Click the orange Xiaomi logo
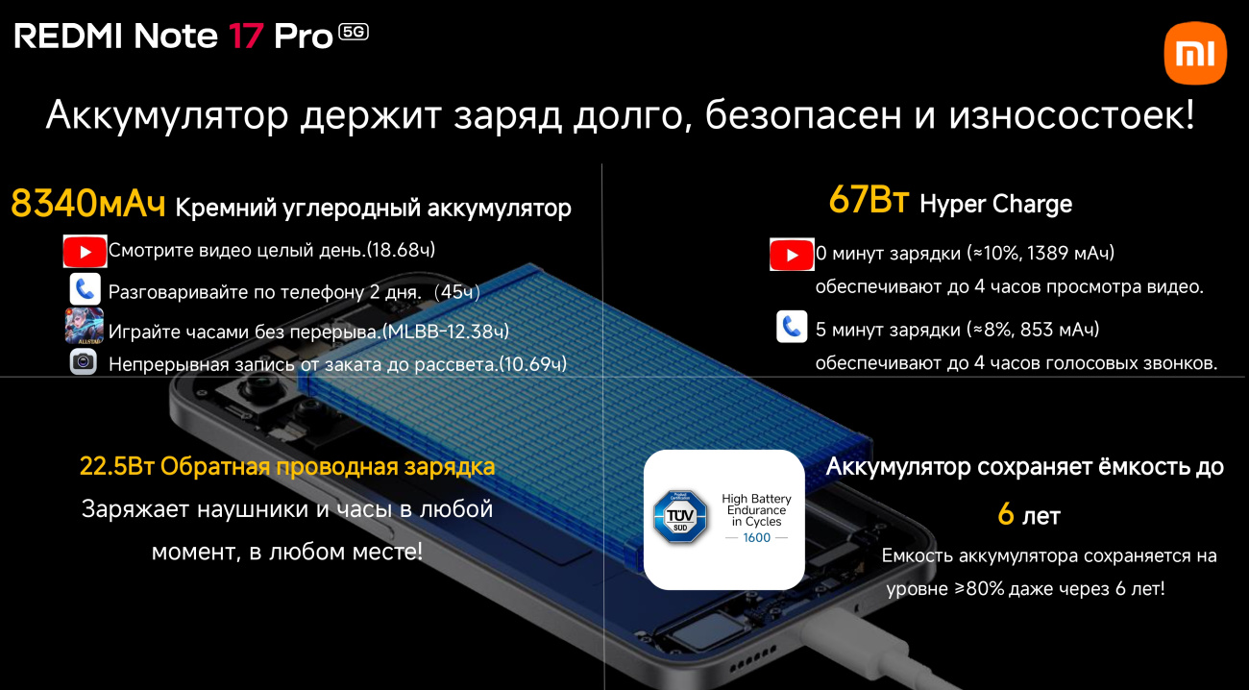pyautogui.click(x=1195, y=53)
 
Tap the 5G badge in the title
pyautogui.click(x=354, y=33)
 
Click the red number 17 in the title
pyautogui.click(x=246, y=37)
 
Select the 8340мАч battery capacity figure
pyautogui.click(x=88, y=203)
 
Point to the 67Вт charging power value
pyautogui.click(x=869, y=200)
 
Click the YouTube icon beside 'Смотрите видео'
pyautogui.click(x=85, y=252)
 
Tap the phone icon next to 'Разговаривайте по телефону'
pyautogui.click(x=85, y=289)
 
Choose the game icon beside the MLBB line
pyautogui.click(x=85, y=326)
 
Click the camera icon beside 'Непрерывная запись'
pyautogui.click(x=84, y=362)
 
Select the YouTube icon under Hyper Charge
pyautogui.click(x=792, y=255)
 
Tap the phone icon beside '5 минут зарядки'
pyautogui.click(x=792, y=327)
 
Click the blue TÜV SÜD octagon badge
pyautogui.click(x=680, y=516)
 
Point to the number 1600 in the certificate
pyautogui.click(x=757, y=538)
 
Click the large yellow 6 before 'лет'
pyautogui.click(x=1006, y=514)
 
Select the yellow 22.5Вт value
pyautogui.click(x=117, y=467)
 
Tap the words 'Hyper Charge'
pyautogui.click(x=996, y=204)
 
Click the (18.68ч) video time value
pyautogui.click(x=401, y=250)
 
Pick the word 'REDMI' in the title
pyautogui.click(x=68, y=37)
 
